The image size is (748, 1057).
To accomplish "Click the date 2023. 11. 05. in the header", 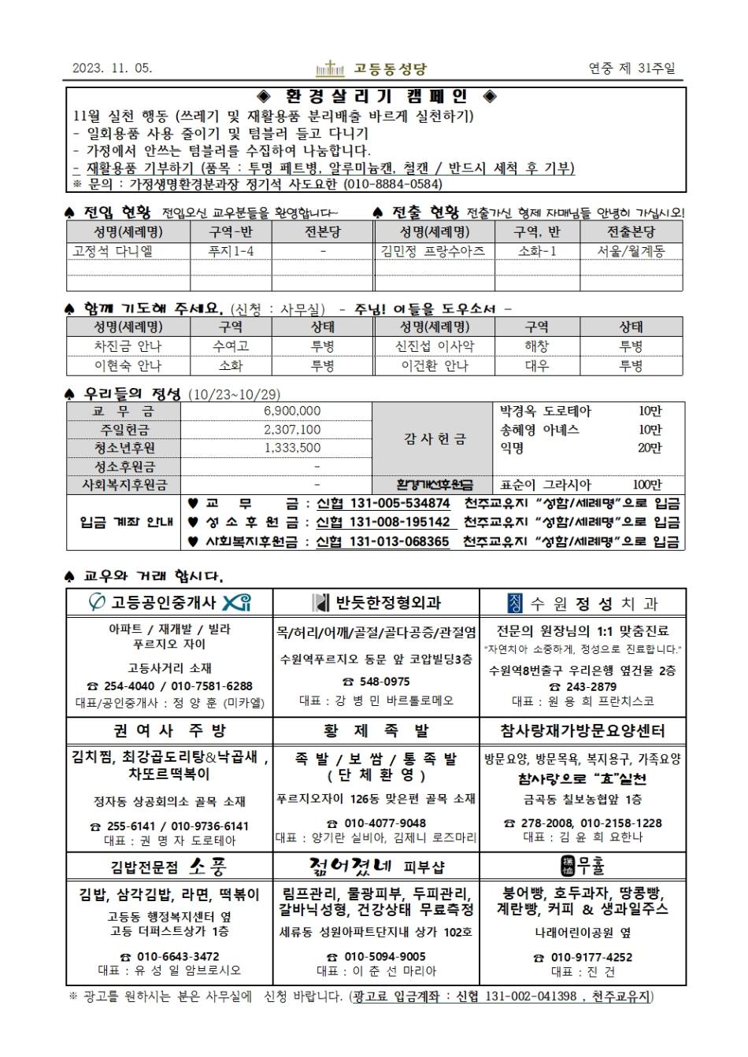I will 112,68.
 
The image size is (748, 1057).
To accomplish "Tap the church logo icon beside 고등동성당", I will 330,69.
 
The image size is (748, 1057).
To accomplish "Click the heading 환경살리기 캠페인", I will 377,97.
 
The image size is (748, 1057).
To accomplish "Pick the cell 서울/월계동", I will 631,251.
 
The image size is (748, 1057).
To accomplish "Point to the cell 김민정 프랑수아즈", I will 433,251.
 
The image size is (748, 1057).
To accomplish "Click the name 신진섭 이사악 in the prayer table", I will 434,346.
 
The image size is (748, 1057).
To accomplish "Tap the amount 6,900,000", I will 292,411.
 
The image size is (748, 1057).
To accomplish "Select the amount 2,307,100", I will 292,430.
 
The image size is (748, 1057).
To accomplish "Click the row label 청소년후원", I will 123,448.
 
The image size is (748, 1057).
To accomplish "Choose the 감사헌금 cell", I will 434,438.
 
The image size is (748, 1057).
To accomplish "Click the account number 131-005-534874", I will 399,504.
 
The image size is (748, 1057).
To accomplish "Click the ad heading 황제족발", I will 376,730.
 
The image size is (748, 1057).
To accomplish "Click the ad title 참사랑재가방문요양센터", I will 583,730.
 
